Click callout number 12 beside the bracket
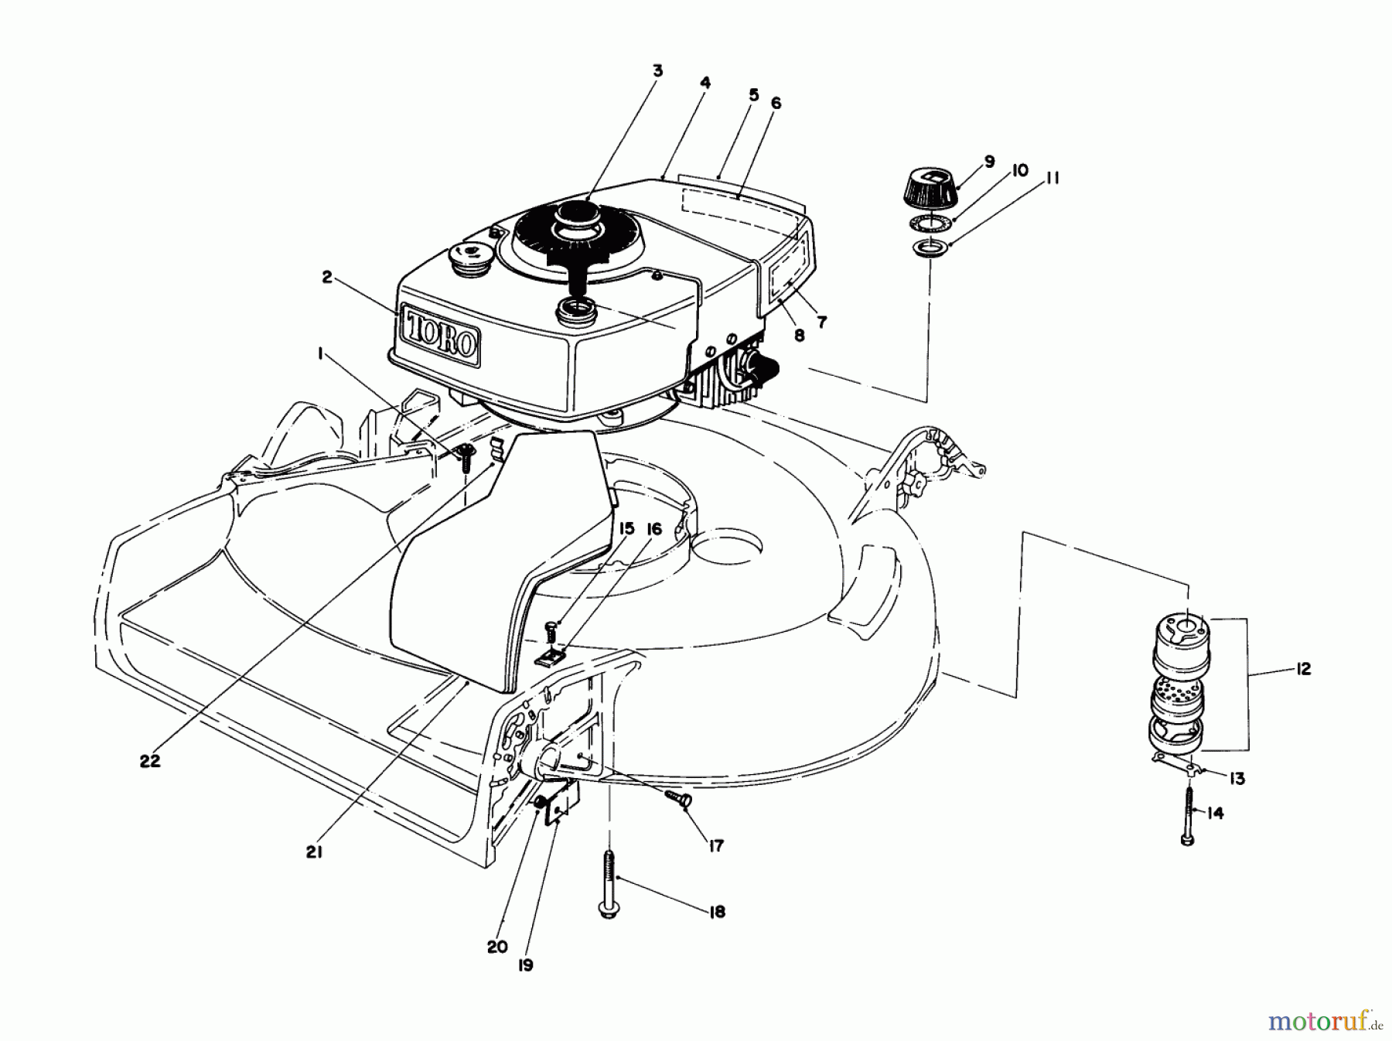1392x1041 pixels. (1303, 669)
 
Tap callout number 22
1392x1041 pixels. (150, 760)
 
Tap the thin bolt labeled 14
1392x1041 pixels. (1188, 812)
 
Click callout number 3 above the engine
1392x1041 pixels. (657, 71)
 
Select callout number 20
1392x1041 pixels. (496, 947)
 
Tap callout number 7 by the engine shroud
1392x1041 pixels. (821, 322)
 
